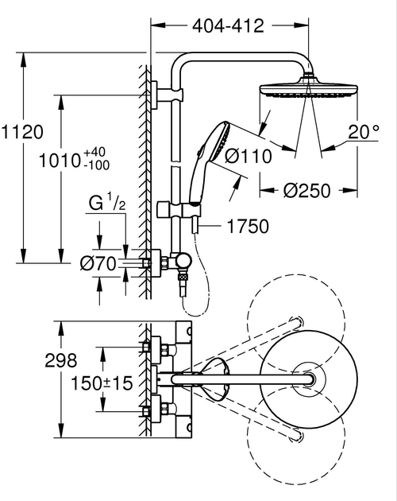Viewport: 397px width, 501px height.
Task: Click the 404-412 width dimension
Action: (x=228, y=26)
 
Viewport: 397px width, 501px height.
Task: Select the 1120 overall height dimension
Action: (x=21, y=132)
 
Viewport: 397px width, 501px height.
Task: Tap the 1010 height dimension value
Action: (x=59, y=161)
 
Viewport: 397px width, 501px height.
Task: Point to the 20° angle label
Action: (x=364, y=132)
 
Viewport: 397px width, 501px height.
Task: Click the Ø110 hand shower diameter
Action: (x=249, y=157)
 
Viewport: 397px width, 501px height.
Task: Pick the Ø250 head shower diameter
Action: (x=306, y=191)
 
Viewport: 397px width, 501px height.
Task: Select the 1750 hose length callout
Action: (x=248, y=227)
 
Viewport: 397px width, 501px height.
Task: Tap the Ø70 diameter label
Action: (x=98, y=264)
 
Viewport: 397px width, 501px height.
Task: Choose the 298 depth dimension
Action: (x=61, y=360)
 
